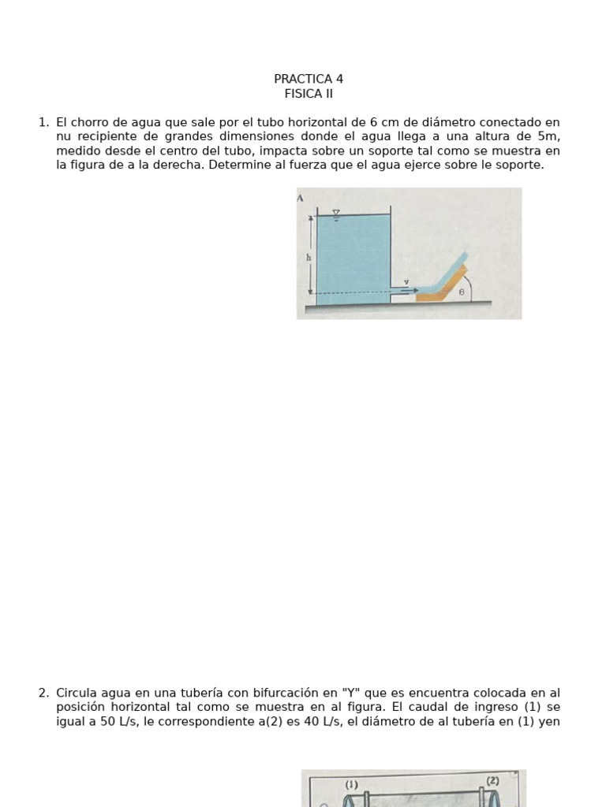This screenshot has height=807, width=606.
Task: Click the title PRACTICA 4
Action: [x=309, y=79]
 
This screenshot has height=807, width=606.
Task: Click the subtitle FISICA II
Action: [x=304, y=94]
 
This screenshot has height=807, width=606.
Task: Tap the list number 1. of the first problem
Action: [x=43, y=122]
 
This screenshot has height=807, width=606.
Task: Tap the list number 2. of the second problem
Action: [x=43, y=693]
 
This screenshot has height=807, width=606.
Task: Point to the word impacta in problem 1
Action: [x=284, y=151]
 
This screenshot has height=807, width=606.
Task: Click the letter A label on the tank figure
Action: [x=301, y=198]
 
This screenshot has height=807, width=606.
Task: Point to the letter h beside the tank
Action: [x=309, y=257]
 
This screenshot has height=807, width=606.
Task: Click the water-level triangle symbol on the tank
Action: [x=336, y=214]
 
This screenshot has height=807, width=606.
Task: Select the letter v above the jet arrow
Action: [x=406, y=281]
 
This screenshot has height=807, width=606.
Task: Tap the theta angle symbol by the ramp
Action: [x=462, y=291]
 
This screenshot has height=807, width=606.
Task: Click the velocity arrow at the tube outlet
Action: [x=409, y=290]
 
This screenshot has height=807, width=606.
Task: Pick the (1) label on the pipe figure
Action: [x=352, y=784]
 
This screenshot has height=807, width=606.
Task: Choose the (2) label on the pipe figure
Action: [x=492, y=780]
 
